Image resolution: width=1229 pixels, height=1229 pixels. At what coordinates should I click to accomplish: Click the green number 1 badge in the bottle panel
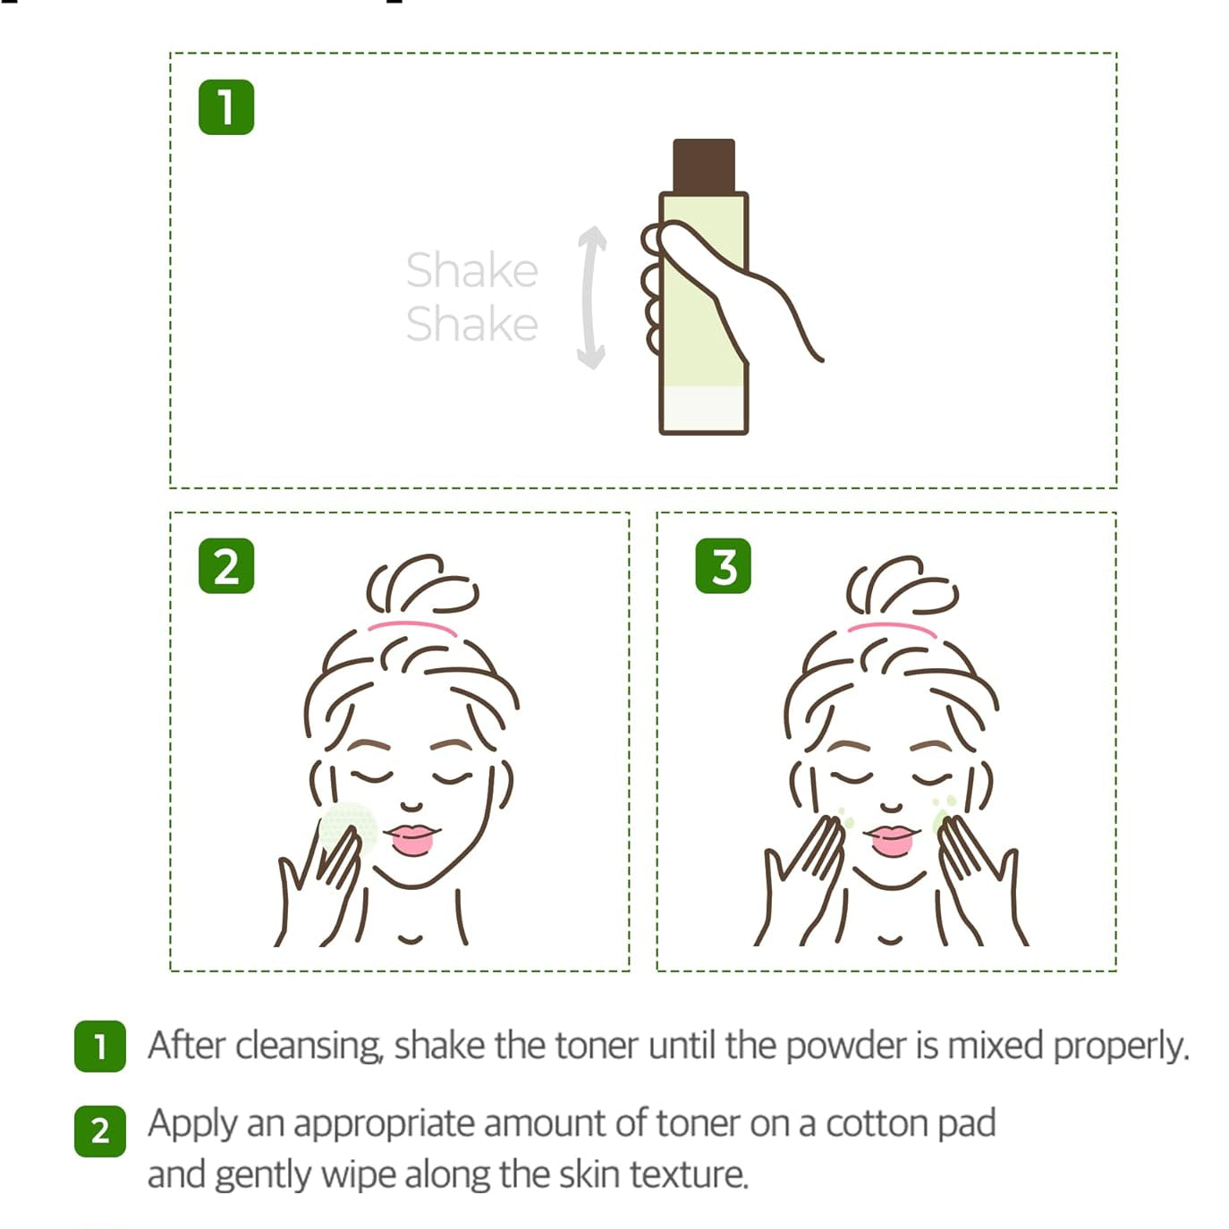point(225,107)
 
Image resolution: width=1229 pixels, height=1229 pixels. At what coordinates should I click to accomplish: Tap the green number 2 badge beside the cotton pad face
point(225,565)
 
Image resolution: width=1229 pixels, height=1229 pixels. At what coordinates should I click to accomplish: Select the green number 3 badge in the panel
point(723,565)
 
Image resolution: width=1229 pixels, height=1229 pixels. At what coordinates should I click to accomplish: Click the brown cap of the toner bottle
point(703,165)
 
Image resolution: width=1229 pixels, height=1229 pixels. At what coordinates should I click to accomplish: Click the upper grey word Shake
point(472,270)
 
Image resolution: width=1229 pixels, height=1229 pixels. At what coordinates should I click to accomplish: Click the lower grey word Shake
point(472,324)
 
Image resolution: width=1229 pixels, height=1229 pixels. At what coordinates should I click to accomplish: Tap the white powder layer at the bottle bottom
point(703,409)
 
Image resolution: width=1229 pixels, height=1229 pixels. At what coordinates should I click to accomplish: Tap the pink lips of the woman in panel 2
point(412,839)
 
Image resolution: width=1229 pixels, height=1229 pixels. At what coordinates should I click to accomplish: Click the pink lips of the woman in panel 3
point(891,839)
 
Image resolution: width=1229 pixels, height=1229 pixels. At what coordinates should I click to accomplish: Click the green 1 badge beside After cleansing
point(99,1047)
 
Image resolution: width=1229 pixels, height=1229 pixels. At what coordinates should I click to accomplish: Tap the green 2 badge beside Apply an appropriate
point(99,1132)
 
